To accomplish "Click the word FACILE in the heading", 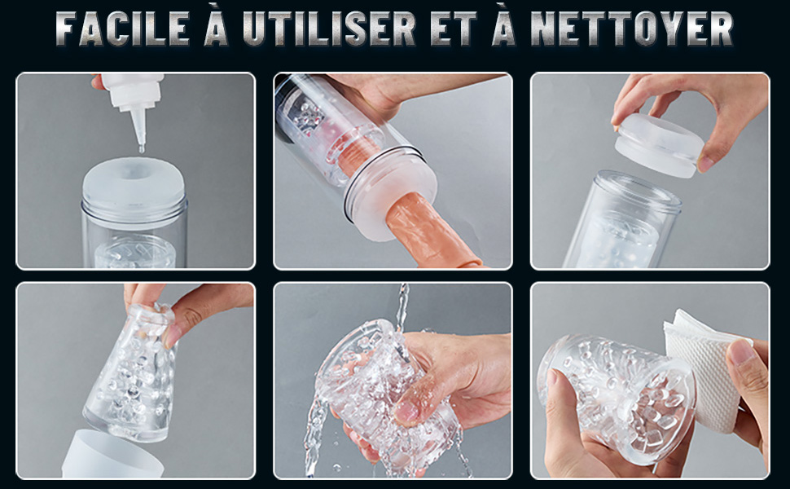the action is click(x=122, y=29).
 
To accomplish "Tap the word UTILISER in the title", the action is click(x=329, y=29).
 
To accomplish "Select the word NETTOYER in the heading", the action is click(x=632, y=29).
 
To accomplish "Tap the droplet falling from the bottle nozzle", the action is click(x=142, y=149).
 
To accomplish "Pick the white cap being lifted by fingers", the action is click(x=660, y=146).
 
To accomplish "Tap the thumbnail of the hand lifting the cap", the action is click(x=704, y=163).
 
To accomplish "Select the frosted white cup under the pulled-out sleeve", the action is click(x=112, y=455).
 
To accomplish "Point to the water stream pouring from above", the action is click(x=402, y=307).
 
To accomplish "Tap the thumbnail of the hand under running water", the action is click(x=406, y=412).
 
